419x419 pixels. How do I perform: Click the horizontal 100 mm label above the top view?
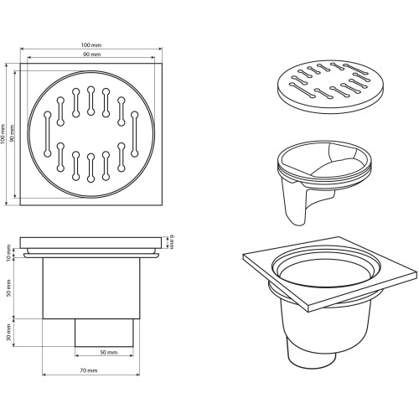pyautogui.click(x=91, y=45)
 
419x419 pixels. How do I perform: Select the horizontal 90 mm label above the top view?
pyautogui.click(x=91, y=54)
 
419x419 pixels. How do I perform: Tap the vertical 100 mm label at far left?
pyautogui.click(x=3, y=134)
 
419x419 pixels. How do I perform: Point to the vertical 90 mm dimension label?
pyautogui.click(x=12, y=133)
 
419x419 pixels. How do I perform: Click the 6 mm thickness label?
pyautogui.click(x=171, y=242)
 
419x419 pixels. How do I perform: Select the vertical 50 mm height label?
pyautogui.click(x=8, y=287)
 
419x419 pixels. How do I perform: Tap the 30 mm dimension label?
pyautogui.click(x=8, y=333)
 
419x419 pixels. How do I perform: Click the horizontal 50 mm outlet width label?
pyautogui.click(x=109, y=352)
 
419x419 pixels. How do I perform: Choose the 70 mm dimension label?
pyautogui.click(x=89, y=370)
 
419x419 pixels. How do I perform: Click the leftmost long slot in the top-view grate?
pyautogui.click(x=48, y=134)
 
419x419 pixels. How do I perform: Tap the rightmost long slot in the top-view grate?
pyautogui.click(x=135, y=134)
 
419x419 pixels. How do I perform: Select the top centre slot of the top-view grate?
pyautogui.click(x=91, y=101)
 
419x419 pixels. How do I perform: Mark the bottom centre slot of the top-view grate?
pyautogui.click(x=91, y=168)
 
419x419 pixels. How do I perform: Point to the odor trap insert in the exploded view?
pyautogui.click(x=324, y=178)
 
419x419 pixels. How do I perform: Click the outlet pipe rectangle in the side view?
pyautogui.click(x=104, y=333)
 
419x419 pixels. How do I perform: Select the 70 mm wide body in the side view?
pyautogui.click(x=91, y=288)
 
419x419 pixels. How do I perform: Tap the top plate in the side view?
pyautogui.click(x=91, y=242)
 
